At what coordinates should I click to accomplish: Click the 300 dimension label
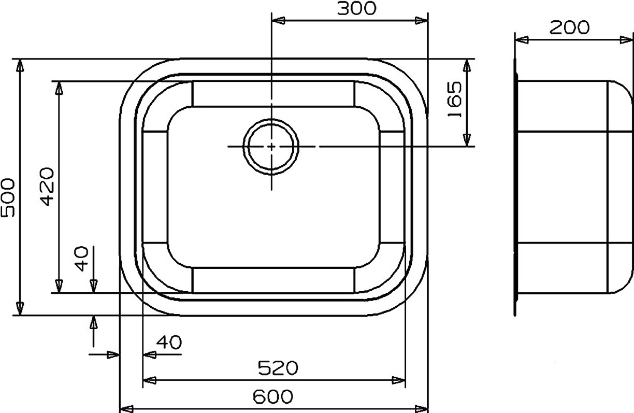tap(356, 8)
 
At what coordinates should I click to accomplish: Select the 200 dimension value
tap(569, 28)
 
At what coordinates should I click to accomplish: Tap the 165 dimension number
tap(454, 99)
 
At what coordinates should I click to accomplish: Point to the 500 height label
tap(8, 197)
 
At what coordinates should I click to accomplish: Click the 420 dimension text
tap(47, 187)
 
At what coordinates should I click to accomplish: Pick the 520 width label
tap(278, 368)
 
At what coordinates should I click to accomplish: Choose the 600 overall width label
tap(273, 396)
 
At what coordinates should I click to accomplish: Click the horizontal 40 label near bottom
tap(169, 342)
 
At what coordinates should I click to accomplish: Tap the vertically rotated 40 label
tap(82, 259)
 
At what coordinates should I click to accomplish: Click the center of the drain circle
tap(271, 147)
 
